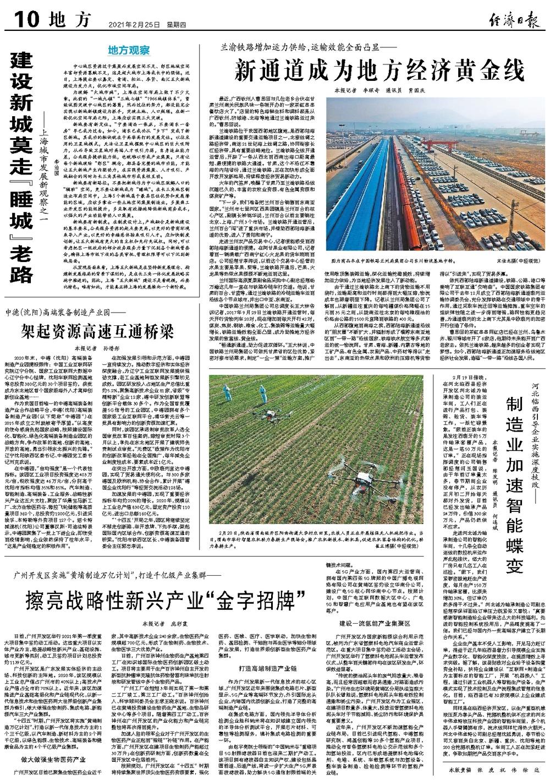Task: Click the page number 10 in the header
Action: pyautogui.click(x=21, y=20)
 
